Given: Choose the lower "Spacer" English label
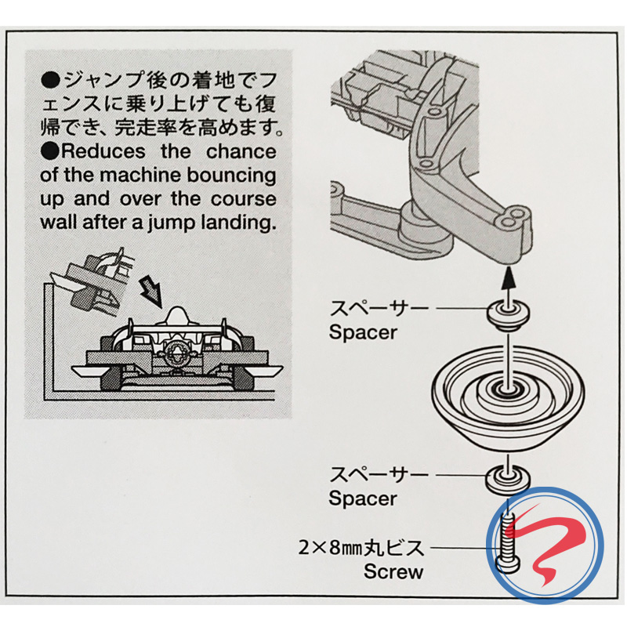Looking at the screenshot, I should pyautogui.click(x=364, y=498).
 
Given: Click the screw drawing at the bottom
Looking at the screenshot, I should pyautogui.click(x=508, y=543).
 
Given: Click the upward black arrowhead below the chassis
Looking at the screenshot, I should pyautogui.click(x=508, y=274).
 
